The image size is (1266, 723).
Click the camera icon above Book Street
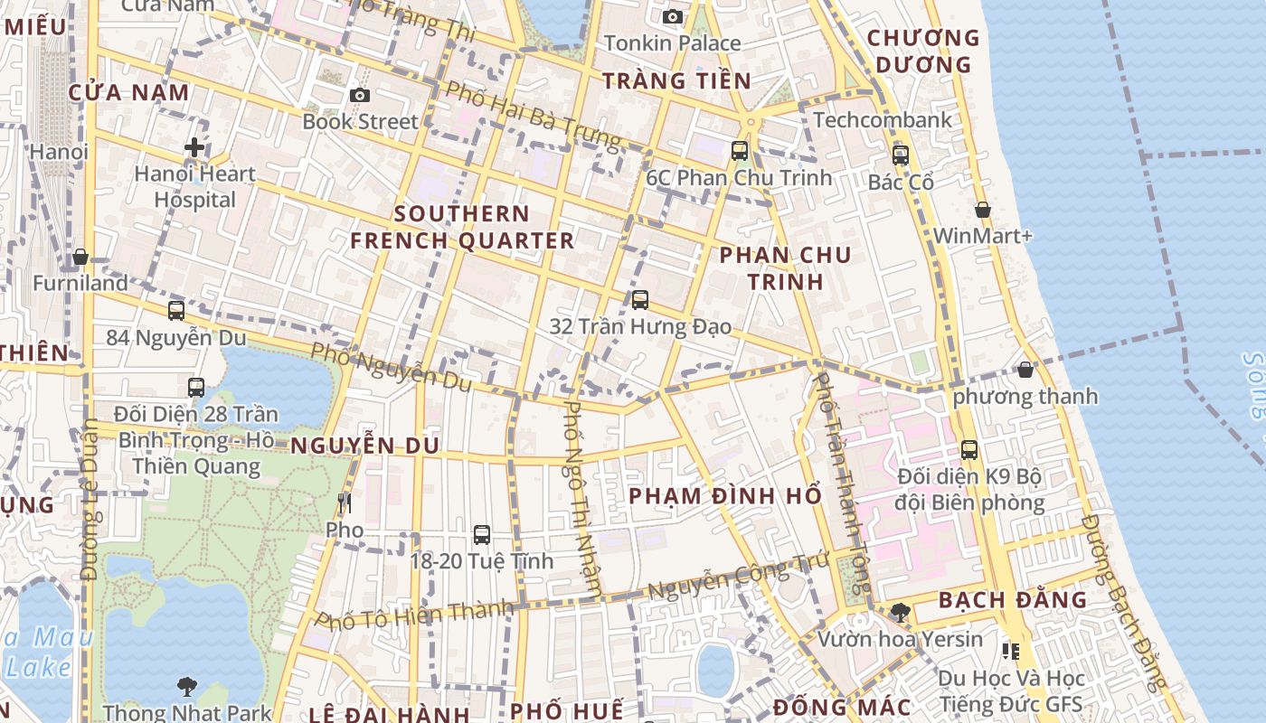(360, 95)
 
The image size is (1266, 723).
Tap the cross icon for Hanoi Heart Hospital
(194, 147)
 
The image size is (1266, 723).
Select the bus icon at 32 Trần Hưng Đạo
(640, 299)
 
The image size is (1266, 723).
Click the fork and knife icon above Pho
(344, 503)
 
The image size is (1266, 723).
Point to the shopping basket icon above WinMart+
(983, 210)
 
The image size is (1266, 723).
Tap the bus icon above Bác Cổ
(900, 155)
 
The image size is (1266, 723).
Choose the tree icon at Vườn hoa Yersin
(900, 613)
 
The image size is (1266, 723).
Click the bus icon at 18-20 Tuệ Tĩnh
(482, 534)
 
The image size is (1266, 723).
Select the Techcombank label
(883, 120)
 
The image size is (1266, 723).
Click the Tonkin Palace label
(673, 42)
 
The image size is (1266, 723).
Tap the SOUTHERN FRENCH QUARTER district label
(462, 227)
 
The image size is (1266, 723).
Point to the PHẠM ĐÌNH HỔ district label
(725, 496)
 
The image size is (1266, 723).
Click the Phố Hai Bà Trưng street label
(534, 116)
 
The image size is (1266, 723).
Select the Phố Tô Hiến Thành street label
(414, 614)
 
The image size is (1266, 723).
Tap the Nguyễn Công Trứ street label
(739, 578)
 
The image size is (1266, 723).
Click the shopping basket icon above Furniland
(80, 257)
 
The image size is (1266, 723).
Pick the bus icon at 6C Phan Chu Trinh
(740, 150)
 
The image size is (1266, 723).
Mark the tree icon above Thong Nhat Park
(187, 687)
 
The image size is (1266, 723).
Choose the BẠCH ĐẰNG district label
(1012, 600)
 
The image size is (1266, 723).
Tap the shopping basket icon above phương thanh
(1025, 370)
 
